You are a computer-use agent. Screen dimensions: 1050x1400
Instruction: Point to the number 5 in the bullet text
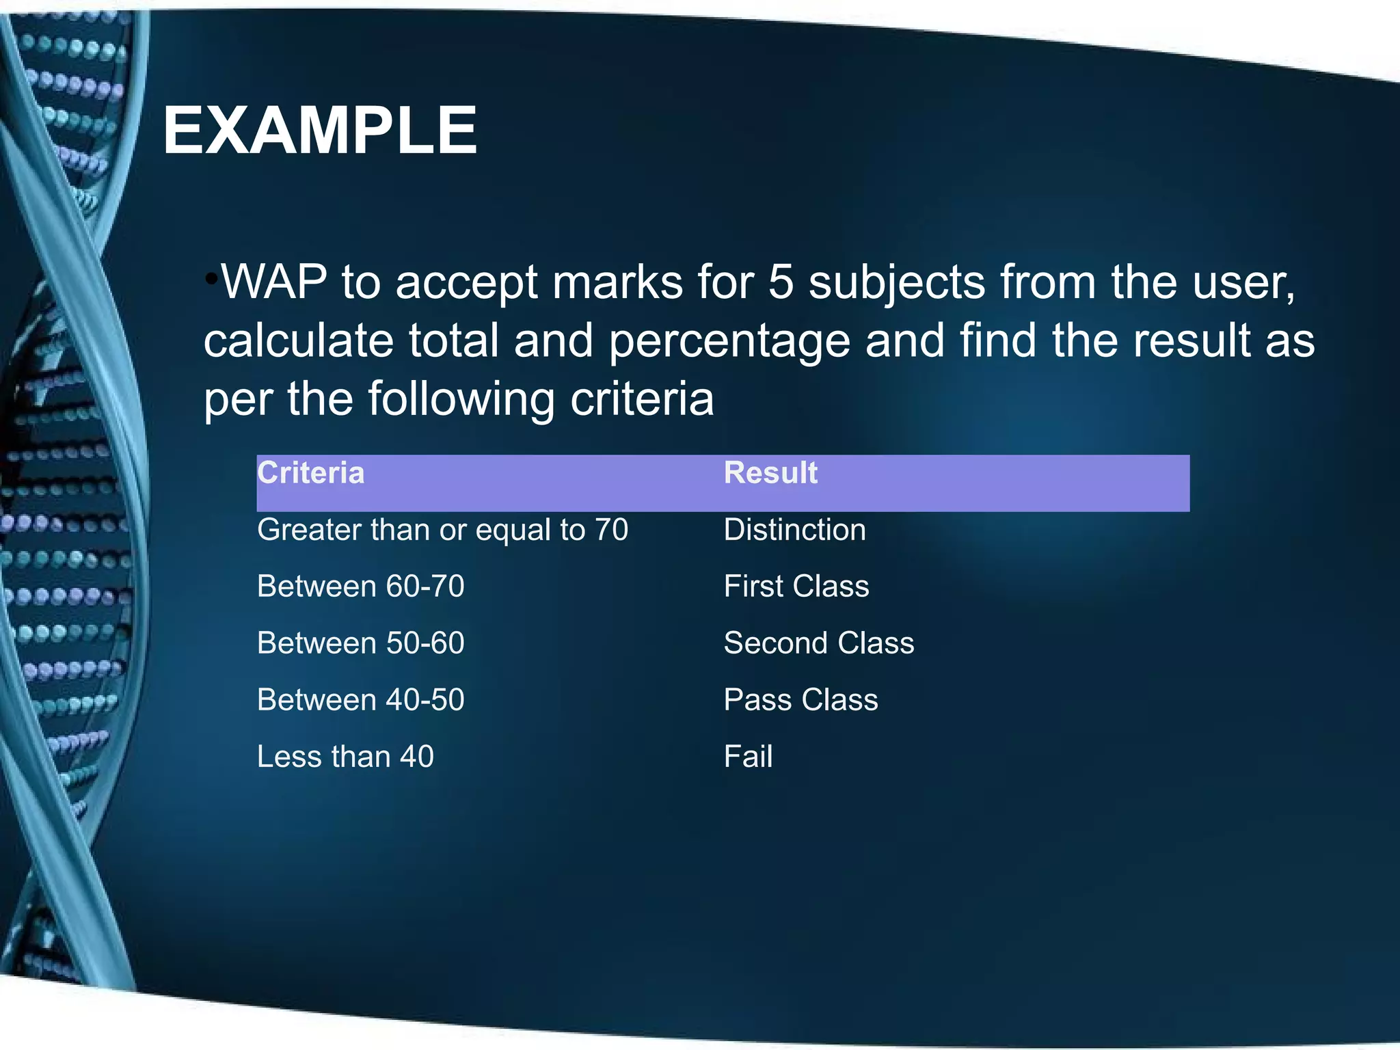coord(781,282)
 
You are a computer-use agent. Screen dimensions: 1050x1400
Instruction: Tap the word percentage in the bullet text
coord(729,340)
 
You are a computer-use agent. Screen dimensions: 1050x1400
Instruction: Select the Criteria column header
coord(311,473)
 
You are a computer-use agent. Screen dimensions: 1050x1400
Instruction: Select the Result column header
coord(770,473)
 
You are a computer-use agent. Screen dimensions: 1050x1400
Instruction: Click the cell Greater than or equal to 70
coord(442,530)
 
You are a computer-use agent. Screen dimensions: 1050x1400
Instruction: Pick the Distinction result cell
coord(794,530)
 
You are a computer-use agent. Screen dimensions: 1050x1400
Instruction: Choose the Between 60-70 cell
coord(360,587)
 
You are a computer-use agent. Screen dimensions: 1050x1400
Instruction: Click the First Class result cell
coord(796,587)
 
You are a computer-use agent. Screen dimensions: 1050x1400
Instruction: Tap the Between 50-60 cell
coord(360,643)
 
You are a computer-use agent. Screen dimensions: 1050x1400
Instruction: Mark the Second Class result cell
coord(818,643)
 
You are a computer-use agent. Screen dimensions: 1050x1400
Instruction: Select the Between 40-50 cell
coord(360,700)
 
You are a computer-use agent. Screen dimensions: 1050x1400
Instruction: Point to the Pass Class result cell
coord(800,700)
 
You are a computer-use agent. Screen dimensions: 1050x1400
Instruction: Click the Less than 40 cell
coord(345,757)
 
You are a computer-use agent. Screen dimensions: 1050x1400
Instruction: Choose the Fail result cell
coord(748,757)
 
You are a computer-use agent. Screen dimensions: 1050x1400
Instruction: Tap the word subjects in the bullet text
coord(897,282)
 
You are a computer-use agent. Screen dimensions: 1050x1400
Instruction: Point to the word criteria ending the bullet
coord(642,399)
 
